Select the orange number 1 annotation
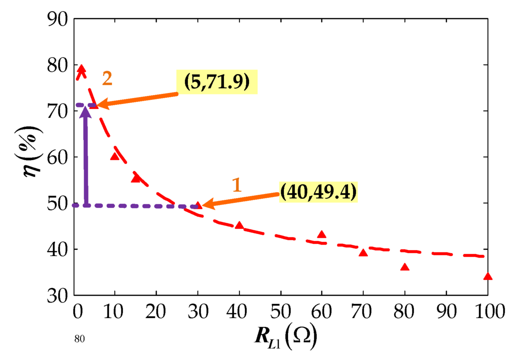coord(236,185)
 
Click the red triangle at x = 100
coord(488,276)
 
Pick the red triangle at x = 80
coord(405,267)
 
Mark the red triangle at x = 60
coord(321,234)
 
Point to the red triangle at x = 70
coord(363,253)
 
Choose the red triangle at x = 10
coord(114,156)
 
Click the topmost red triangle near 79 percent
coord(81,68)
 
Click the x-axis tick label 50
coord(280,313)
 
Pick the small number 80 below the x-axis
coord(79,339)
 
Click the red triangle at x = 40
coord(239,225)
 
